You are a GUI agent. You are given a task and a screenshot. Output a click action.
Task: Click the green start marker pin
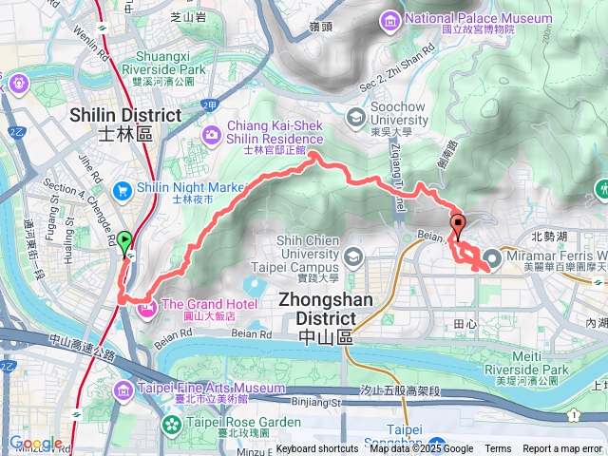click(x=124, y=243)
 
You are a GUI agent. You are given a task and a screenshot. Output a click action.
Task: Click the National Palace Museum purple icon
click(x=389, y=19)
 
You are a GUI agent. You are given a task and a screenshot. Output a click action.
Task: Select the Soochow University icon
click(x=356, y=117)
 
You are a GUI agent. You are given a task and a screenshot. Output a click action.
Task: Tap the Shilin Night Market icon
click(x=123, y=188)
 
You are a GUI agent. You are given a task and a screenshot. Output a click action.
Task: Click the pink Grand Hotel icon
click(x=146, y=308)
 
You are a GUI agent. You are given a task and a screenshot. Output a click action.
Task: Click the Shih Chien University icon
click(x=353, y=256)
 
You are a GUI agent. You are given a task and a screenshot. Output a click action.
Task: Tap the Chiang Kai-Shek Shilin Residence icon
click(x=212, y=133)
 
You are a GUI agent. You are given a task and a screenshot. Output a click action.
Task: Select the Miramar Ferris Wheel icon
click(x=492, y=257)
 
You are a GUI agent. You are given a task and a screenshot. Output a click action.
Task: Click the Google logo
click(x=35, y=443)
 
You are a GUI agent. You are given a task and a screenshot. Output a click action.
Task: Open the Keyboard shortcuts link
click(x=317, y=449)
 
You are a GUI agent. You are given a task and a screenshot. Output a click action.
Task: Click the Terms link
click(x=498, y=449)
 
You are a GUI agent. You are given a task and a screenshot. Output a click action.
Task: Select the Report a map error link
click(x=563, y=449)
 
